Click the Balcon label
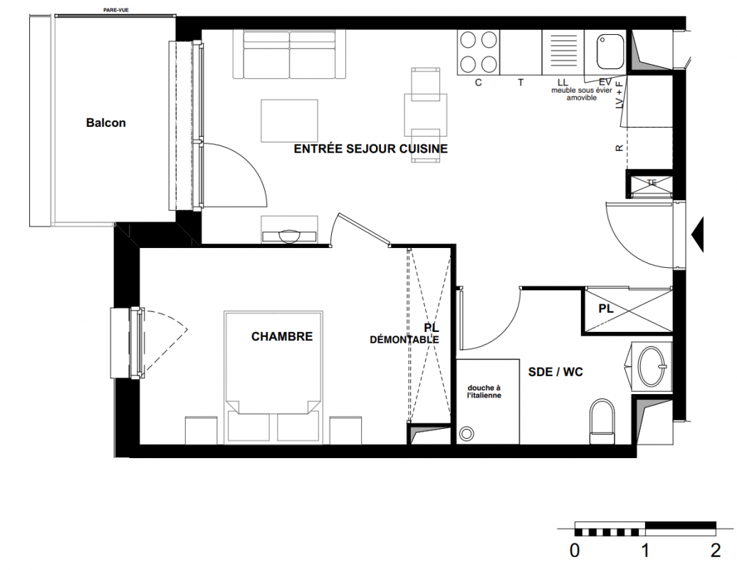click(106, 123)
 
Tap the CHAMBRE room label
click(282, 336)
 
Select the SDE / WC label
click(555, 372)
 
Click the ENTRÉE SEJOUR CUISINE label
click(371, 149)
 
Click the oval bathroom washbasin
click(652, 366)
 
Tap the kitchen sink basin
click(610, 52)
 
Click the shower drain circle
click(466, 433)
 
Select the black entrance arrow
click(698, 234)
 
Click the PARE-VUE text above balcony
click(116, 10)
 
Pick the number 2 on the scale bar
click(716, 550)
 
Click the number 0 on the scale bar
click(575, 550)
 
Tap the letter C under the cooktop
click(479, 83)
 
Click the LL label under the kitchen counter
click(563, 83)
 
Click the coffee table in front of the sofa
click(290, 120)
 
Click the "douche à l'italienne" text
click(484, 392)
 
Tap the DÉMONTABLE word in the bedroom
click(404, 340)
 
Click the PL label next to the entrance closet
click(606, 309)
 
